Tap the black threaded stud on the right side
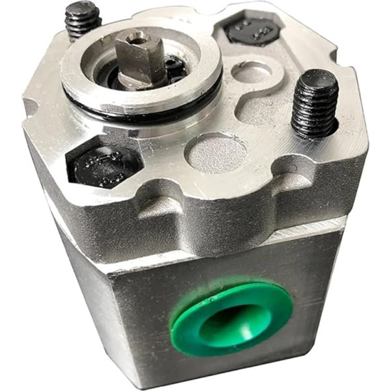[x=315, y=104]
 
